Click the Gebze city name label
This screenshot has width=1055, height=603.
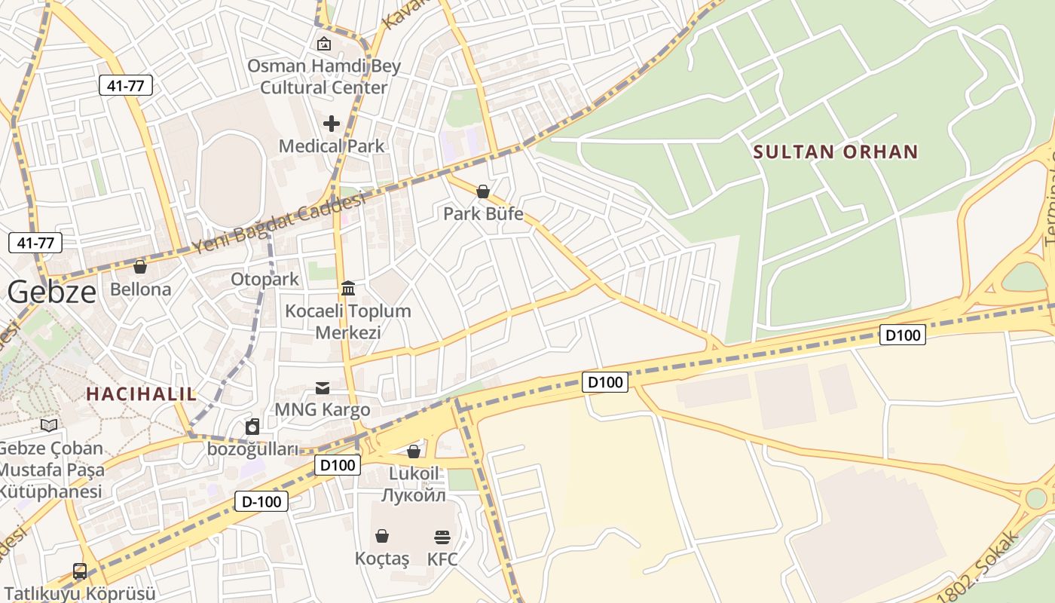[x=53, y=292]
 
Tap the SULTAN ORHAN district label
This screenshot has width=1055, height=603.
[x=836, y=152]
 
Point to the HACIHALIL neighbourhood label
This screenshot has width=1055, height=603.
[x=141, y=393]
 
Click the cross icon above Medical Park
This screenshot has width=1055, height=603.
[x=332, y=123]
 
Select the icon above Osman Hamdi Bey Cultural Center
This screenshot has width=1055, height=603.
[x=324, y=44]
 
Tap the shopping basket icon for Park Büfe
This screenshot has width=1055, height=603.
[x=483, y=191]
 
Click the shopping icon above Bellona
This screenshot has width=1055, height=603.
[x=140, y=267]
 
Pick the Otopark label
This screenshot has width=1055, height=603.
[x=265, y=279]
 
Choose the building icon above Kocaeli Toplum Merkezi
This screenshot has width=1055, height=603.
[x=348, y=288]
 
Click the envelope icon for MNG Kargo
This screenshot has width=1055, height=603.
[x=323, y=388]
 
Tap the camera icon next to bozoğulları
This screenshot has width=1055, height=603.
[x=252, y=427]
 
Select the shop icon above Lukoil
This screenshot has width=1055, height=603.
[x=414, y=451]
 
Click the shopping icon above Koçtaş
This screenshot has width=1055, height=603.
[x=382, y=536]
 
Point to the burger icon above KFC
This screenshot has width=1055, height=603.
[x=442, y=537]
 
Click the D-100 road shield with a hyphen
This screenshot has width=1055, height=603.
[x=262, y=500]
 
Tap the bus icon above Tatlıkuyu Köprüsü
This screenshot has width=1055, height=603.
[x=80, y=571]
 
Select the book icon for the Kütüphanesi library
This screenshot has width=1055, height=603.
[x=49, y=426]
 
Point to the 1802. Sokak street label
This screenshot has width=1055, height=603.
[x=978, y=569]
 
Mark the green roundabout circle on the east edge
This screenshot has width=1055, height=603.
[x=1036, y=497]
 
